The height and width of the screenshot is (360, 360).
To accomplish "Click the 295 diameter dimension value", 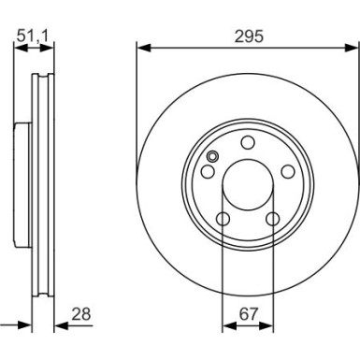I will [247, 36].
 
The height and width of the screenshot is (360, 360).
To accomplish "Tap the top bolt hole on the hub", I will [247, 142].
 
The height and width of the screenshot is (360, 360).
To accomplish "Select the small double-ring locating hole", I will [213, 157].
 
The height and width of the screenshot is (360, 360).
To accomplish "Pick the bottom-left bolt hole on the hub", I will [224, 219].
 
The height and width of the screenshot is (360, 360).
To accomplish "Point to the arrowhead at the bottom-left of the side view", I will [26, 325].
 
